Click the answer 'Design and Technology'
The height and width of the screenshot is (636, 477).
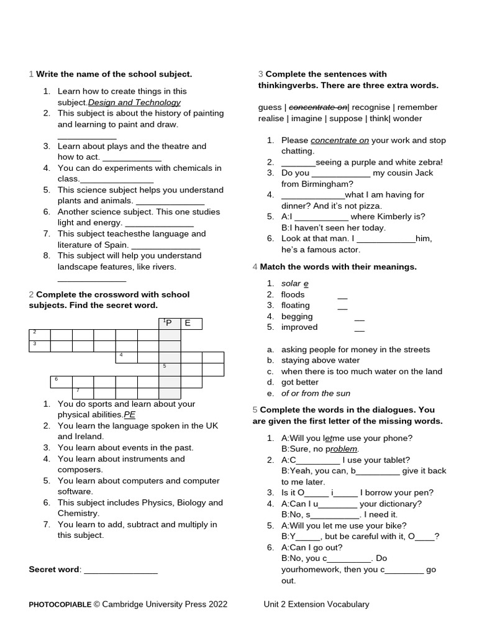(134, 102)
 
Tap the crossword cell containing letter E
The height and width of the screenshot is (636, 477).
(190, 324)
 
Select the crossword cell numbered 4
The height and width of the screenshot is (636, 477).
(126, 357)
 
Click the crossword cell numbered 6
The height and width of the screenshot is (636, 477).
(61, 381)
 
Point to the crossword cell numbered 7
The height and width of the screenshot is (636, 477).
(82, 392)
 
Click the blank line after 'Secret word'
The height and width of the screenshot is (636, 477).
(120, 570)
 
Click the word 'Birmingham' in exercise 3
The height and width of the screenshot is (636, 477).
(325, 184)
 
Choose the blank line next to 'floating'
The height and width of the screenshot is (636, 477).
(342, 306)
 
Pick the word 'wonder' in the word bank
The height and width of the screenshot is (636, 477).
(408, 119)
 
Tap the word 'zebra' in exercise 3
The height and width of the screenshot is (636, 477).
(425, 162)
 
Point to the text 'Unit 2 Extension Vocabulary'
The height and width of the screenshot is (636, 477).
(316, 604)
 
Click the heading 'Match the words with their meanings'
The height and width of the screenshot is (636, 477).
(338, 267)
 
